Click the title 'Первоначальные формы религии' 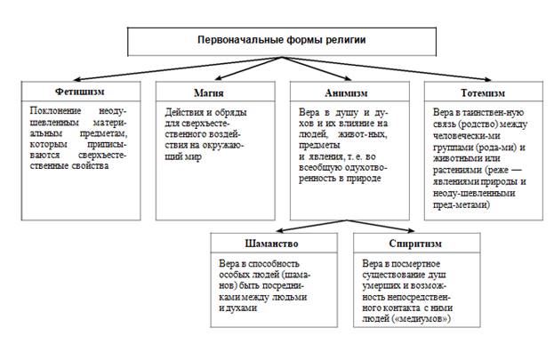tap(280, 41)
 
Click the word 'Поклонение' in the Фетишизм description tap(51, 113)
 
